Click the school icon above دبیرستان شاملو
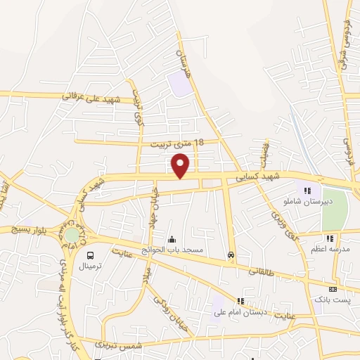tap(307, 190)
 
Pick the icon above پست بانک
tap(333, 288)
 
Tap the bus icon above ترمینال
tap(90, 255)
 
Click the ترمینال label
tap(90, 266)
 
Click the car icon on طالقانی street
tap(231, 255)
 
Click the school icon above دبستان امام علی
tap(243, 301)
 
